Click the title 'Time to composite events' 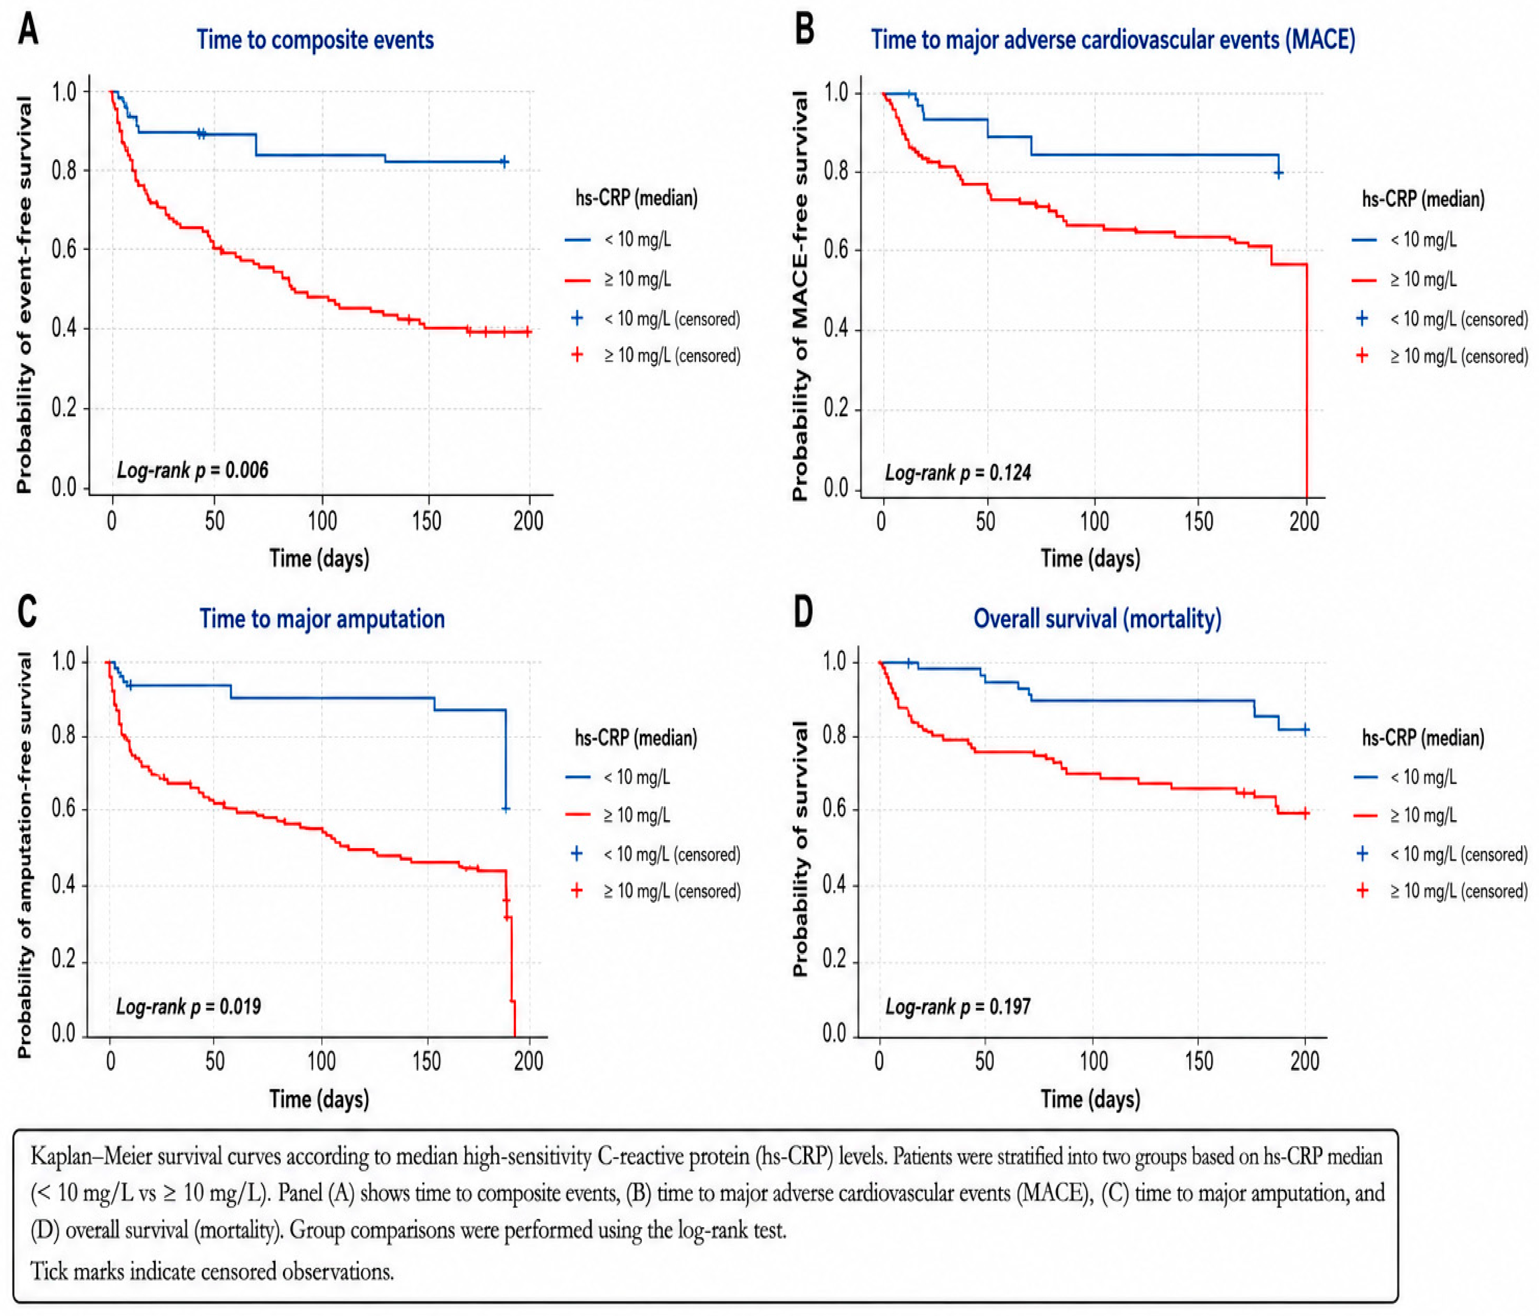coord(315,39)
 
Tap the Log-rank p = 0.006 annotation coord(192,470)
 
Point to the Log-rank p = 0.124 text coord(958,472)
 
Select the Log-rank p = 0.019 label coord(189,1006)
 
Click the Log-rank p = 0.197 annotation coord(958,1006)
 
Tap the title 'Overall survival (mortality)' coord(1098,618)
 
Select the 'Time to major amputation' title coord(322,618)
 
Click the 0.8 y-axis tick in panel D coord(835,736)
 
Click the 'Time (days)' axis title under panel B coord(1090,559)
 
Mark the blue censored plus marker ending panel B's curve coord(1278,174)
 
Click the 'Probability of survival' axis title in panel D coord(800,848)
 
